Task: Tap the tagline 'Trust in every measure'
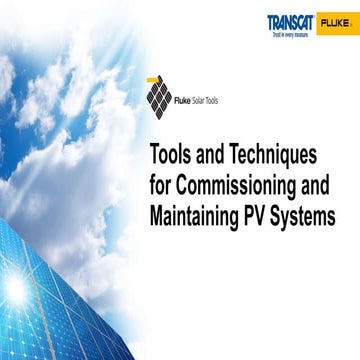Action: pos(292,32)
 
